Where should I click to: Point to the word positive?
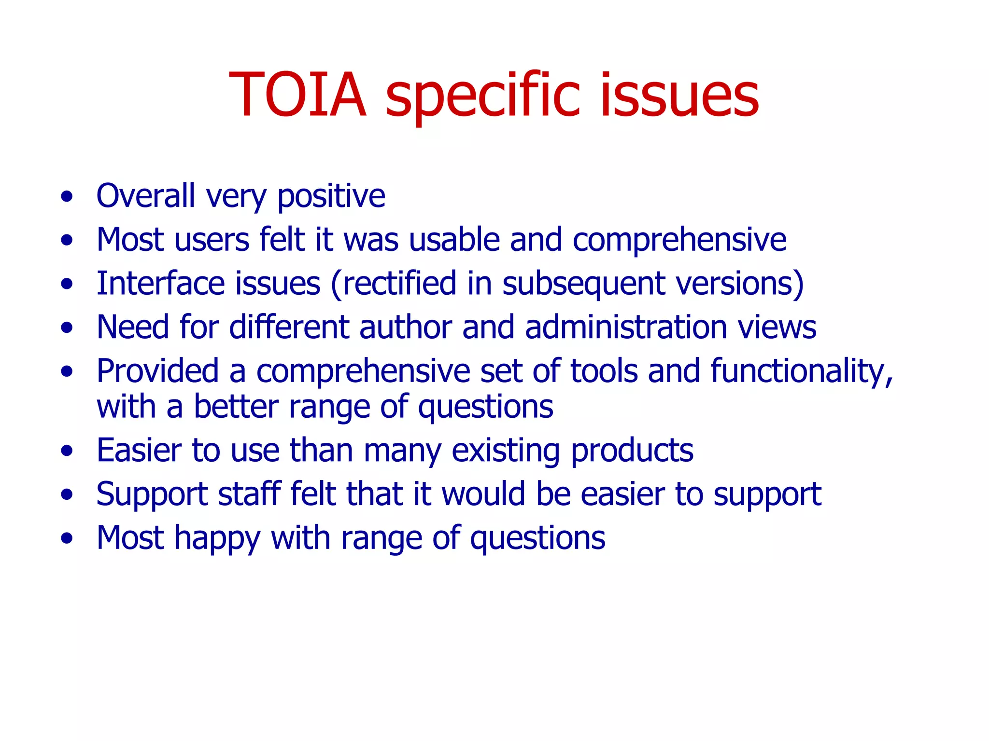(x=331, y=197)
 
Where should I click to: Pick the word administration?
(x=626, y=327)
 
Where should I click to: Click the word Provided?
(x=157, y=371)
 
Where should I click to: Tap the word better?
(x=236, y=406)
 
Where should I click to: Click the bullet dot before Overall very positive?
(x=67, y=196)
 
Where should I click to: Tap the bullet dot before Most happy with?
(x=67, y=538)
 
